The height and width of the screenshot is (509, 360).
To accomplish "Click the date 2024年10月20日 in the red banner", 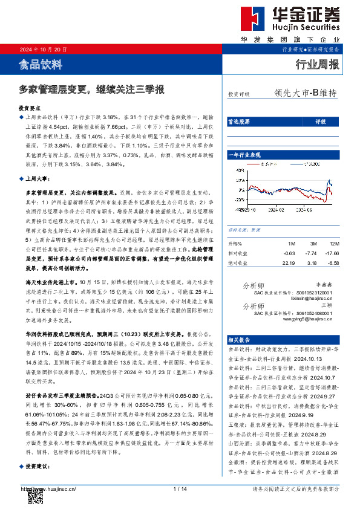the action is (x=43, y=49).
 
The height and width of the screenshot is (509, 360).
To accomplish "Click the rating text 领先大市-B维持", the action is (x=305, y=94).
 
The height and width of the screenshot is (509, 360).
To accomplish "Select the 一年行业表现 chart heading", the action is (x=244, y=155).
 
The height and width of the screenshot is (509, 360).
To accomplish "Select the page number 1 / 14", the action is (x=180, y=489).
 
